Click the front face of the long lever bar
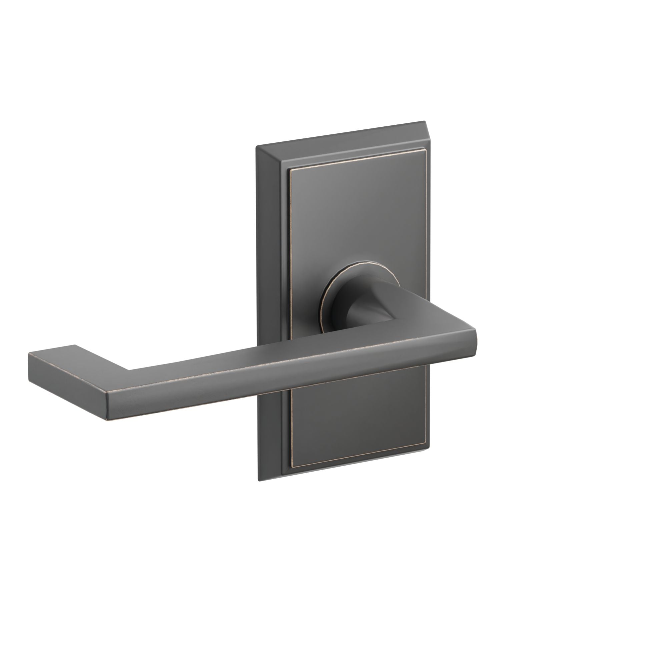pyautogui.click(x=276, y=387)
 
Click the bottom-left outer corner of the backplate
pyautogui.click(x=258, y=481)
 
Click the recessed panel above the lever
pyautogui.click(x=356, y=224)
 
